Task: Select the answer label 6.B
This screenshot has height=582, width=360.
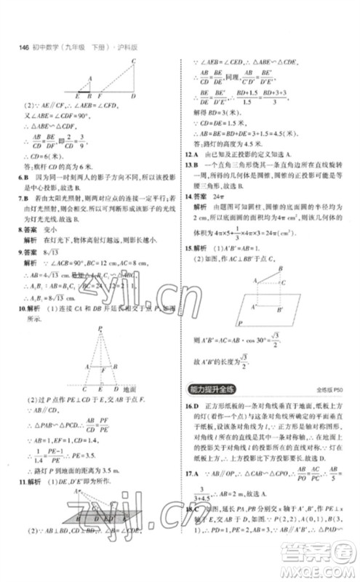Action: point(25,186)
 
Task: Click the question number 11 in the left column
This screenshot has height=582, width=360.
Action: point(22,481)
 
